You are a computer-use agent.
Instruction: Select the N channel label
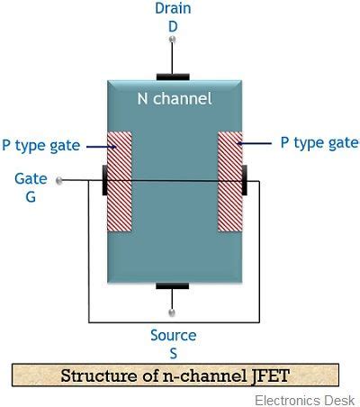click(175, 98)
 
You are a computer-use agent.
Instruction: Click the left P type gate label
click(41, 145)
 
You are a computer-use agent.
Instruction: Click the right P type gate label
click(319, 142)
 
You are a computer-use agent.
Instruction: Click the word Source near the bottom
click(173, 335)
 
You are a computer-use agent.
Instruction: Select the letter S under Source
click(173, 352)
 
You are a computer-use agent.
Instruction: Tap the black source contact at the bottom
click(174, 286)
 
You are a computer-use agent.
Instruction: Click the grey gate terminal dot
click(59, 180)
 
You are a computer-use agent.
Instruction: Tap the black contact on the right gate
click(245, 180)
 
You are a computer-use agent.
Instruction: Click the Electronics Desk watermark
click(305, 400)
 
